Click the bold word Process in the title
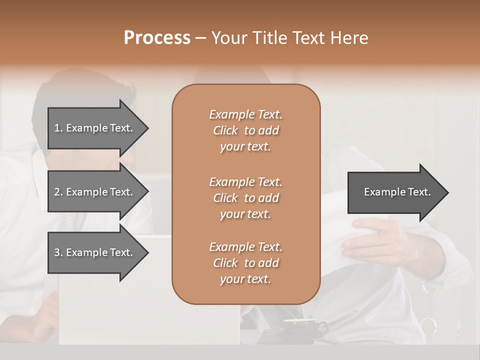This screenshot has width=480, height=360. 157,38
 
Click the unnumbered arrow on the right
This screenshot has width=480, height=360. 395,192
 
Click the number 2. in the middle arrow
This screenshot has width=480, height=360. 58,192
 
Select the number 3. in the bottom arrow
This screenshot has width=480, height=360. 58,252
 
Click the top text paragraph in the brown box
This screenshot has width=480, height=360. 245,130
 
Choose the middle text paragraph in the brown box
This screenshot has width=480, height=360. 245,197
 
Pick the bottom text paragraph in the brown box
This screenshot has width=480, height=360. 245,263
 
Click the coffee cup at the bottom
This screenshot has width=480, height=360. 300,327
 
